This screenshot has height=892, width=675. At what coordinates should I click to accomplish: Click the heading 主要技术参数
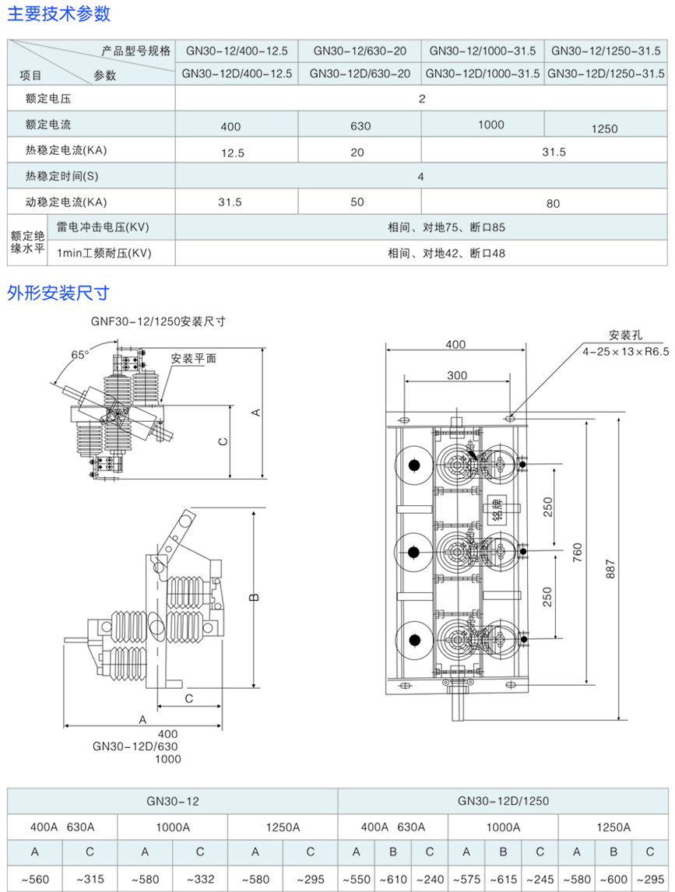[59, 13]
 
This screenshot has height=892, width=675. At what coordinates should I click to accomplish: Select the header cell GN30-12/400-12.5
[237, 51]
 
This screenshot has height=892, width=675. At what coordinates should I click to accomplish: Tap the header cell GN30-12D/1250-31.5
[606, 74]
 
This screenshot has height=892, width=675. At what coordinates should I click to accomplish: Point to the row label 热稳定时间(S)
[62, 175]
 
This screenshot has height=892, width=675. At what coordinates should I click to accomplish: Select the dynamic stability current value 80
[553, 204]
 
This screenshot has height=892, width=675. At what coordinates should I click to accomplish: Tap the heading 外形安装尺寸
[58, 293]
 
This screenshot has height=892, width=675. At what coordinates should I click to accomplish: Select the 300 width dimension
[457, 375]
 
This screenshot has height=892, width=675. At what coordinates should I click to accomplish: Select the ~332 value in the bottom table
[200, 880]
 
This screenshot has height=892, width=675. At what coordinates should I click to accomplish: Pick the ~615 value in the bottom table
[503, 880]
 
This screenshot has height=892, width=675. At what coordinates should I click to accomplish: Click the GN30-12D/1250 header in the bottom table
[503, 800]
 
